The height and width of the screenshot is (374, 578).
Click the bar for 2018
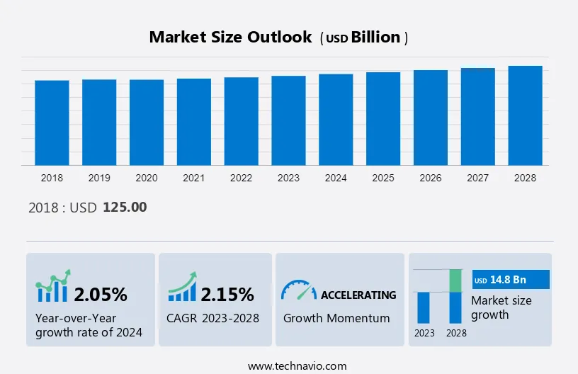(52, 123)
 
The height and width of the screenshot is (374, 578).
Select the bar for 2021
(194, 122)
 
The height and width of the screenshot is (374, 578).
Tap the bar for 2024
(336, 120)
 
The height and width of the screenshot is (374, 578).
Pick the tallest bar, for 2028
(525, 115)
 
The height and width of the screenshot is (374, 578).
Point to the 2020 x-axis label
(147, 178)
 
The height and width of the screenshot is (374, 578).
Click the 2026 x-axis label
(431, 178)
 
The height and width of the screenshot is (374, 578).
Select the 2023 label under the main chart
(288, 178)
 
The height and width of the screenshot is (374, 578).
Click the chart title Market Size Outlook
(230, 38)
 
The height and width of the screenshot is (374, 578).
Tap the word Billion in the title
(376, 38)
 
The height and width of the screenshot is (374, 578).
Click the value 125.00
(125, 208)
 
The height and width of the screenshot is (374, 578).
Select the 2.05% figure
(101, 294)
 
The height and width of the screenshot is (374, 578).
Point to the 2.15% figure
(227, 294)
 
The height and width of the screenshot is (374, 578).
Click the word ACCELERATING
(358, 295)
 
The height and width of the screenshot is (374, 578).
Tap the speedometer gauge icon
(298, 290)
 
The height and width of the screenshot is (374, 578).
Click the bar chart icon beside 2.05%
(53, 286)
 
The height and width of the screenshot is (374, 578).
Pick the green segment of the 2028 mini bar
(456, 280)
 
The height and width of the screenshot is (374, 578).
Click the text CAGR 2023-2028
(213, 318)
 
